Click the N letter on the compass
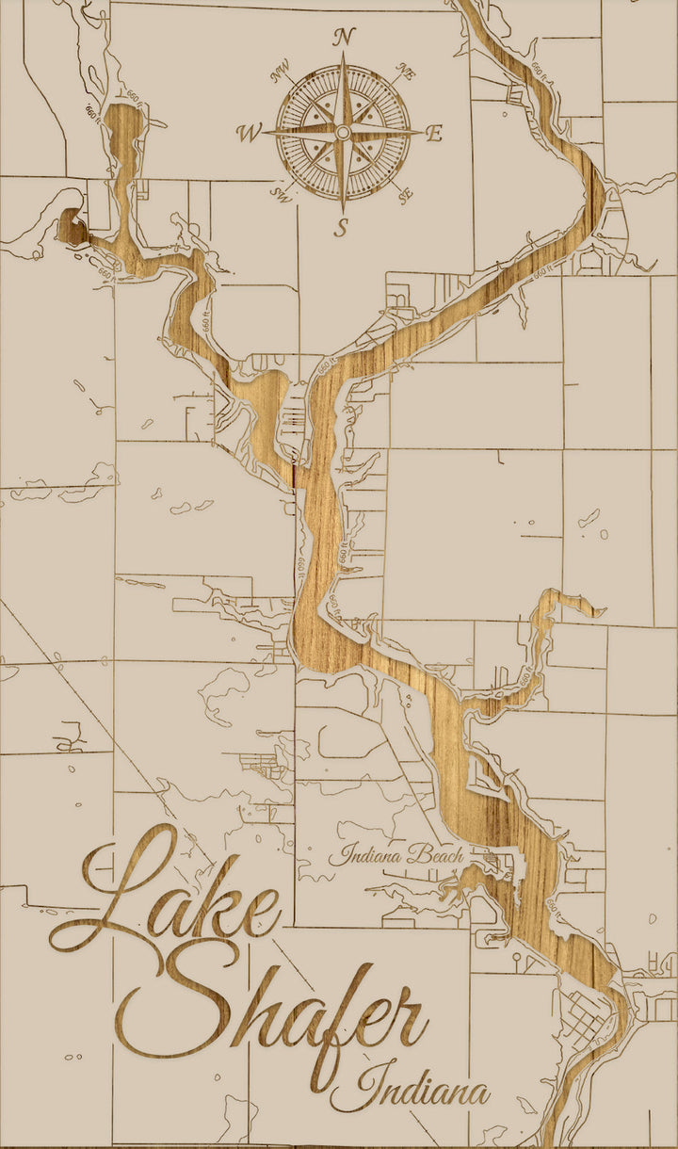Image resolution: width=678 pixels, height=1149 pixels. pos(345,38)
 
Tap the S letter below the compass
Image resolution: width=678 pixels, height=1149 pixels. pos(343,227)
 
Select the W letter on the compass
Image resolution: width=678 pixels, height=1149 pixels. pos(250,133)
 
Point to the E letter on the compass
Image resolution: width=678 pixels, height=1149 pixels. pos(433,134)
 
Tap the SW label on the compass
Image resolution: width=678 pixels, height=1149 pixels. pos(280,195)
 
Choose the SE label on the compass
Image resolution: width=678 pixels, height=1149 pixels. pos(406,195)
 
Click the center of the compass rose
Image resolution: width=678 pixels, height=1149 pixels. pos(344,133)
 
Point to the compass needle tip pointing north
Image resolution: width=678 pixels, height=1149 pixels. pos(344,57)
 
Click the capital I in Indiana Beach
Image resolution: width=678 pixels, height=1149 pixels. pos(335,855)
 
